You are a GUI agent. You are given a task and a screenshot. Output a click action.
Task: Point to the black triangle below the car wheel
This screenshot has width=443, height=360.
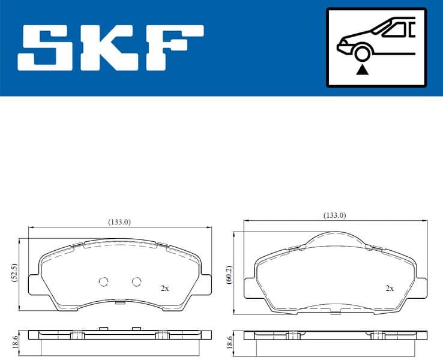coord(361,70)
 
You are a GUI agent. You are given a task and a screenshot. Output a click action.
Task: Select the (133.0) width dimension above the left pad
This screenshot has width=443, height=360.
coord(119,221)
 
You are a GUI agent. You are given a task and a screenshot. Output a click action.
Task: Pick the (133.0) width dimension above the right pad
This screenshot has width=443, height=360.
coord(334,215)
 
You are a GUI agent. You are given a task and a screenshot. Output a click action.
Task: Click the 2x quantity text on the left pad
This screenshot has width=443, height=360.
coord(164,288)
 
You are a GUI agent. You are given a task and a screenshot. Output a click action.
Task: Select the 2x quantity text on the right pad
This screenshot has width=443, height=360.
coord(389,288)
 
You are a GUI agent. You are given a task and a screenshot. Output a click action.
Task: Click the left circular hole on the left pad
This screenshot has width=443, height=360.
coord(103,282)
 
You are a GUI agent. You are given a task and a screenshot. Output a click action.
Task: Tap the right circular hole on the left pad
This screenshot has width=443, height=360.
coord(136,282)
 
